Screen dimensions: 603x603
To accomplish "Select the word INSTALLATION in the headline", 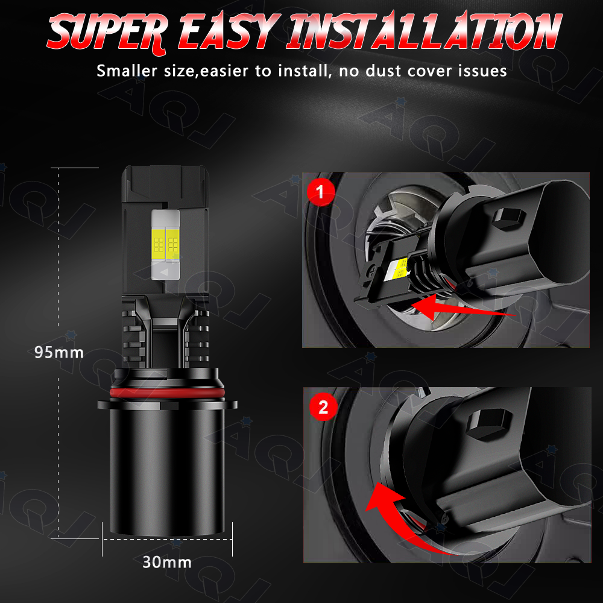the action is click(424, 31).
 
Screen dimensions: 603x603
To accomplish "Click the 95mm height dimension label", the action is click(59, 352).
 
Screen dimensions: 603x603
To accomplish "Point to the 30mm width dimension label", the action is click(167, 562).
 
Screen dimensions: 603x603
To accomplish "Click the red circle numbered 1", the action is click(321, 192).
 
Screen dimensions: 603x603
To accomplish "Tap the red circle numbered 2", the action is click(323, 407).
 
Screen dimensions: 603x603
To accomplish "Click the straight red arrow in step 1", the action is click(463, 306).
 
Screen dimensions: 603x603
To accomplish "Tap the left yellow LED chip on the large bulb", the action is click(159, 242).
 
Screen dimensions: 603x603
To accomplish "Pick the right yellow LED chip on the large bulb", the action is click(172, 242).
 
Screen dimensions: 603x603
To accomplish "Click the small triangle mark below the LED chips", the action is click(165, 272).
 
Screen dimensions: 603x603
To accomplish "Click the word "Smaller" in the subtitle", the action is click(127, 71).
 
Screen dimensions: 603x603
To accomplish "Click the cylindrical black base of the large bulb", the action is click(167, 469).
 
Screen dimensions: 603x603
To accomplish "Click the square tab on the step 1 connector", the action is click(509, 220).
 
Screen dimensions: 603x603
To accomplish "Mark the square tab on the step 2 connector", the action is click(489, 423).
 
